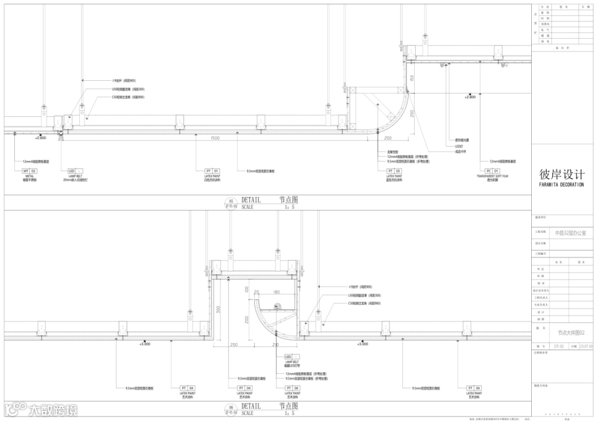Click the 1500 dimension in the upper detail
tap(214, 138)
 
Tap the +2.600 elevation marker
tap(40, 137)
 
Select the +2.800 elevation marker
tap(470, 97)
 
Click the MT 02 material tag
tap(29, 171)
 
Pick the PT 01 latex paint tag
tap(212, 171)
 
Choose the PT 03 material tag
tap(394, 171)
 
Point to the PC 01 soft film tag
tap(492, 171)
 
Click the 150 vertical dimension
tap(412, 79)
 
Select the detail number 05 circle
tap(231, 202)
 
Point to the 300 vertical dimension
tap(219, 309)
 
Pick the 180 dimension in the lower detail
tap(276, 292)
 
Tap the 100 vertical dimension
tap(247, 289)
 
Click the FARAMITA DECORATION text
tap(561, 185)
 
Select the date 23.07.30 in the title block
tap(586, 346)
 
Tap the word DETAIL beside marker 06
tap(251, 406)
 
